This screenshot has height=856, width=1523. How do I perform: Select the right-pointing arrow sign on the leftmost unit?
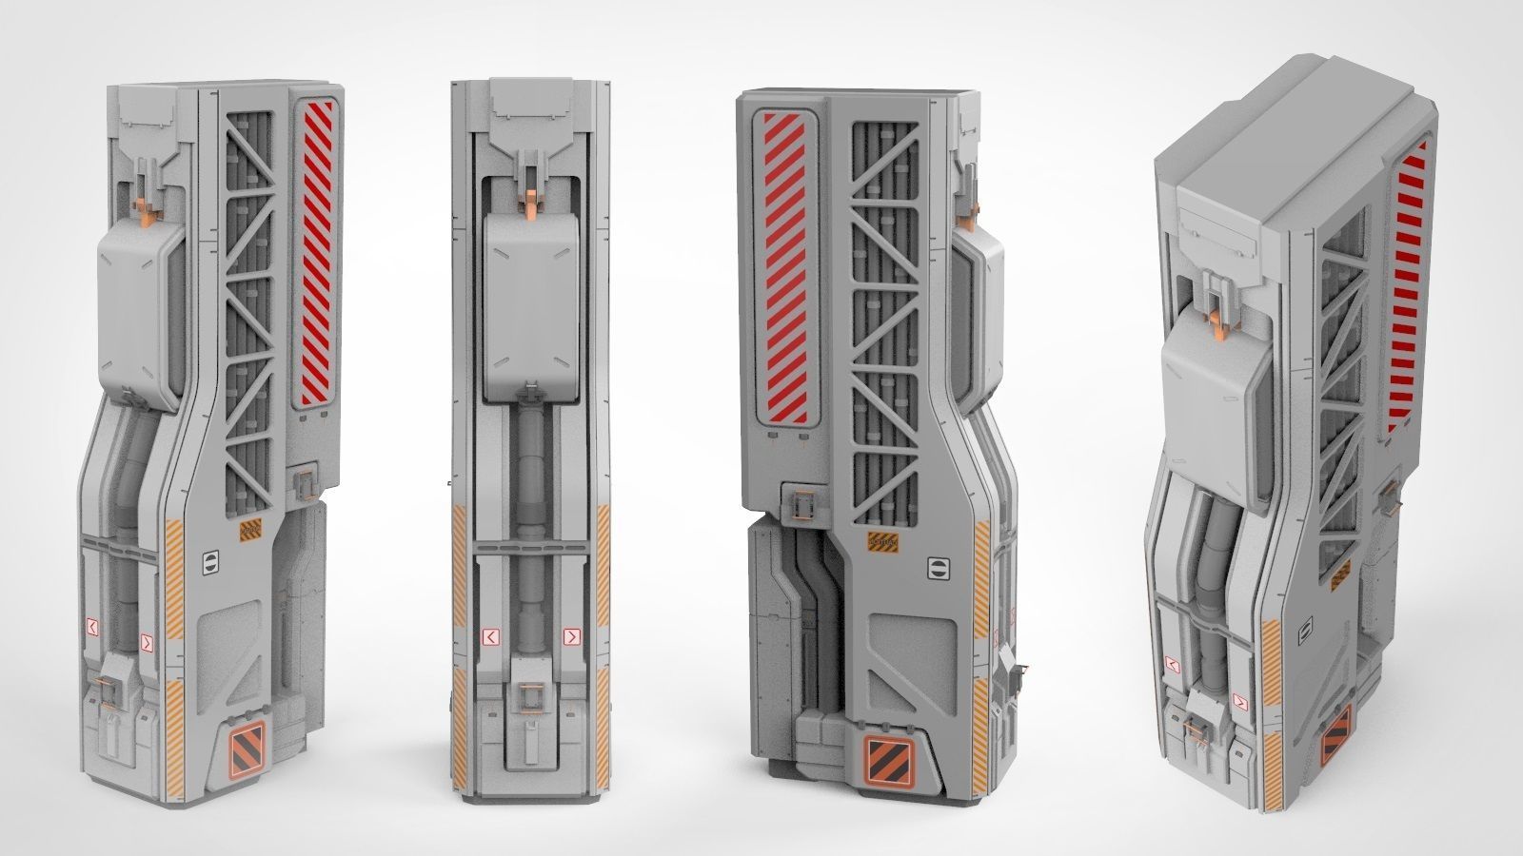146,642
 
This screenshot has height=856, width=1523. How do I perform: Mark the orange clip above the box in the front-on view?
529,199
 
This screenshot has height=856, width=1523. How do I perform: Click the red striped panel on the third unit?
787,266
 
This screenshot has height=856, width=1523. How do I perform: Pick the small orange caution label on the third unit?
882,541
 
